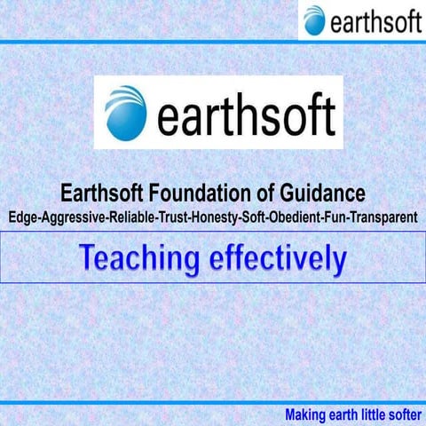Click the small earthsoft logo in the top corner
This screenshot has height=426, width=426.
pyautogui.click(x=361, y=20)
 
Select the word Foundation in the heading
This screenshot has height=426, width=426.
pyautogui.click(x=217, y=193)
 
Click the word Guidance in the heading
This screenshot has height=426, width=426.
pyautogui.click(x=329, y=193)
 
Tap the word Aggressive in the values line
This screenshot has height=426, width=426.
pyautogui.click(x=70, y=215)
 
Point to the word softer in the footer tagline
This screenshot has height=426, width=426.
pyautogui.click(x=399, y=414)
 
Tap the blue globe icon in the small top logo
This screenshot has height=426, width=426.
pyautogui.click(x=313, y=20)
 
